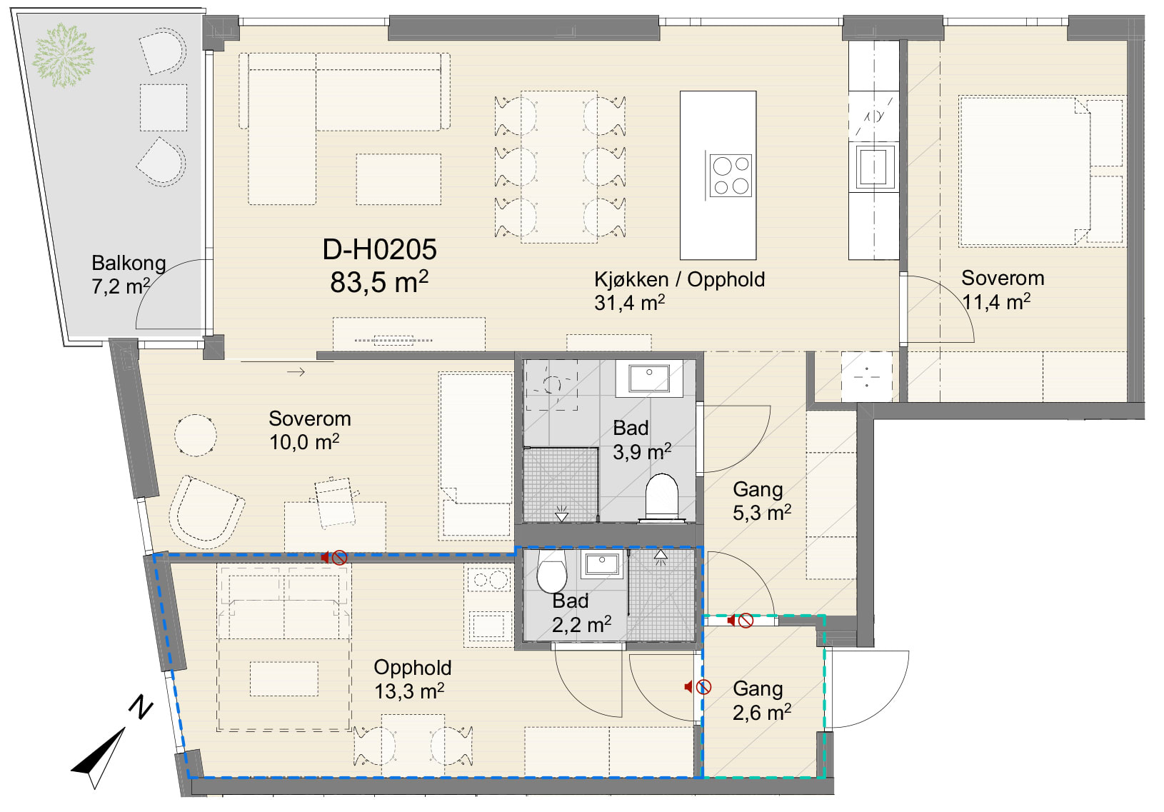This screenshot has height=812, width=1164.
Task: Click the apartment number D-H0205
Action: click(x=379, y=250)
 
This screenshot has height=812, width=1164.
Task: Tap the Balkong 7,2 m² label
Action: click(x=128, y=275)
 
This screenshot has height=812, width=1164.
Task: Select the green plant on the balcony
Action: click(x=63, y=54)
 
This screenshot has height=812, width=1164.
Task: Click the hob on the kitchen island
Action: click(x=731, y=176)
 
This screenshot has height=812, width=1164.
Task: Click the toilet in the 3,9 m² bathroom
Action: click(x=661, y=498)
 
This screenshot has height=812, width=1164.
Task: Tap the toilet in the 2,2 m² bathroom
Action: click(x=551, y=571)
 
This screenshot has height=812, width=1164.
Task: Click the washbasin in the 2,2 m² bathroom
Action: click(x=601, y=565)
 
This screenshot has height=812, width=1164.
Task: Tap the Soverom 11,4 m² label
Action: click(x=1001, y=290)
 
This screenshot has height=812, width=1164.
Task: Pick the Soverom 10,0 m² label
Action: click(x=310, y=431)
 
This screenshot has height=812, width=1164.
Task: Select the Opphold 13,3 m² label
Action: click(x=412, y=680)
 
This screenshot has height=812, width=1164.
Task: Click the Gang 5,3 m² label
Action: click(x=761, y=501)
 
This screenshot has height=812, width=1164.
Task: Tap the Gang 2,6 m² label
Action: click(x=761, y=701)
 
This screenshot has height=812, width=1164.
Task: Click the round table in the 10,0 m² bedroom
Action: click(x=196, y=436)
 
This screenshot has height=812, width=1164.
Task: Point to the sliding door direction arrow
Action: click(x=296, y=372)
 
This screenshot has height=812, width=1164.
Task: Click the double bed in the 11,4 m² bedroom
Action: click(x=1041, y=171)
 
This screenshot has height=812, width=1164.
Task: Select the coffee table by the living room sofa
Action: click(x=398, y=179)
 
